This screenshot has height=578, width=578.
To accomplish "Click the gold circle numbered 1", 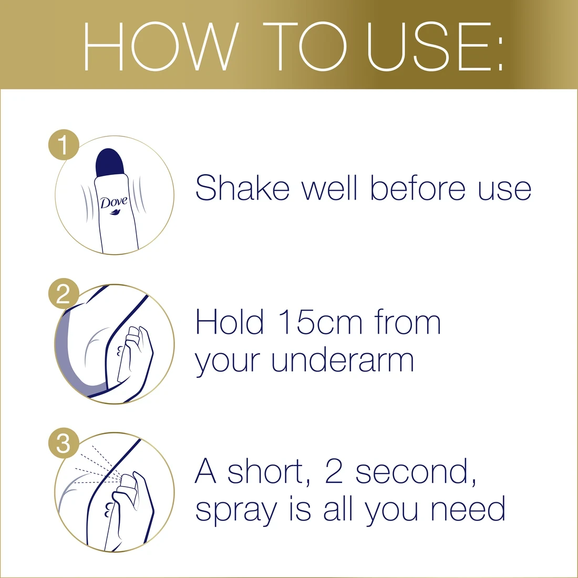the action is tap(64, 145).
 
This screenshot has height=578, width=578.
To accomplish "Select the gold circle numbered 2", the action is tap(64, 293).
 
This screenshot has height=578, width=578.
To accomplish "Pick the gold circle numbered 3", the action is tap(64, 443).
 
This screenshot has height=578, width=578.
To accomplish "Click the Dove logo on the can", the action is tap(114, 206).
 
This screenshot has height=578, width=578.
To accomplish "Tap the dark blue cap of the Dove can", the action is tap(110, 163).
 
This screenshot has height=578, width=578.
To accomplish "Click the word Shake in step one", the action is tap(242, 188).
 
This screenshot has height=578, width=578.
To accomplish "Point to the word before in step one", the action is tap(419, 188).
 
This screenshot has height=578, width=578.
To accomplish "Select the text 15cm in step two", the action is tap(320, 322).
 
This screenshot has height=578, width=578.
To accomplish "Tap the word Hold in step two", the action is tap(230, 322).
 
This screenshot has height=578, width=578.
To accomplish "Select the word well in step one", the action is tap(329, 188).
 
